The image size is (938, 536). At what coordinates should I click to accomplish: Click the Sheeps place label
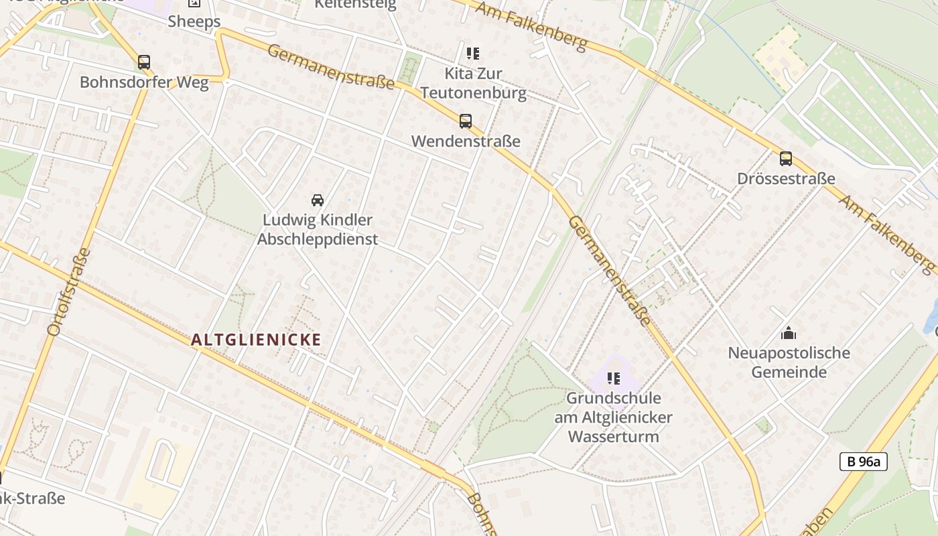click(194, 21)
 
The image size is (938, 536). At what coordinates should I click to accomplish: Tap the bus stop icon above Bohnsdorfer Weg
click(144, 62)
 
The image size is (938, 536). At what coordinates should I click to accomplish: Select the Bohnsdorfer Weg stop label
click(144, 82)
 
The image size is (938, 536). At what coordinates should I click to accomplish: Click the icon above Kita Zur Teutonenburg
click(473, 53)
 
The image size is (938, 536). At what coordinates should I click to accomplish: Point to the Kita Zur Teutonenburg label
click(473, 82)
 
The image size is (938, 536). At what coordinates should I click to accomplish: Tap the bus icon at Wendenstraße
click(465, 121)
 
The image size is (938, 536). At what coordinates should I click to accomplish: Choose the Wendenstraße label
click(465, 141)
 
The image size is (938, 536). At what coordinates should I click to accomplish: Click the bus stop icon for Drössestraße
click(785, 159)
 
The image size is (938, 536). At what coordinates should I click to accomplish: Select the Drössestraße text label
click(785, 179)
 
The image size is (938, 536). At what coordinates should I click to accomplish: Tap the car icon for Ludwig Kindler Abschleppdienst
click(318, 200)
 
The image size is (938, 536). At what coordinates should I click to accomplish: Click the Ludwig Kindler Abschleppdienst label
click(318, 229)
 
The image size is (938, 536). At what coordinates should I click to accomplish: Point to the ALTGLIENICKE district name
click(257, 340)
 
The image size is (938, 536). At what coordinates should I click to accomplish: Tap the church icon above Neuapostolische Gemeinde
click(789, 333)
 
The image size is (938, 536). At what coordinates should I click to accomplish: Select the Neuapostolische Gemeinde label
click(789, 362)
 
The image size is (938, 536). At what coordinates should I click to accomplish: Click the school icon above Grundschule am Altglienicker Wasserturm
click(613, 379)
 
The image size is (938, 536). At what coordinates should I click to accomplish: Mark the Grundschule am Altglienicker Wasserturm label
click(613, 417)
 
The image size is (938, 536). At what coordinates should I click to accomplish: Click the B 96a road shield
click(863, 461)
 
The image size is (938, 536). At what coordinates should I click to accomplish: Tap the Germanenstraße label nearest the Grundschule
click(609, 271)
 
